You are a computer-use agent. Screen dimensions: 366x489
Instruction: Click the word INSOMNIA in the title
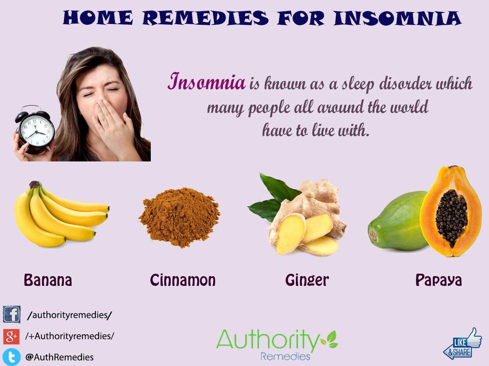397,18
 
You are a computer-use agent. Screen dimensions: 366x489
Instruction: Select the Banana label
48,280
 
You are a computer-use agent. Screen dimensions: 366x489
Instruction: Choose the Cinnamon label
183,280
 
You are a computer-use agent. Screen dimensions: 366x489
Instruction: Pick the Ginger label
307,280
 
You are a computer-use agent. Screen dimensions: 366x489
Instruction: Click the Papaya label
438,280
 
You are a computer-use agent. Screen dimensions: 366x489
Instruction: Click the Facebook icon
11,315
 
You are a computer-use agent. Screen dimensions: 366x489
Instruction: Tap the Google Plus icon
11,336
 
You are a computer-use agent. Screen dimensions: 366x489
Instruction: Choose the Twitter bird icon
11,357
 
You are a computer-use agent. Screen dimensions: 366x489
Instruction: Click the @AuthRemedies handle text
59,357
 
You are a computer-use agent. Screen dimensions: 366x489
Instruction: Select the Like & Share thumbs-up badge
463,344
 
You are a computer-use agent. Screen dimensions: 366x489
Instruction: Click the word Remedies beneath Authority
285,356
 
